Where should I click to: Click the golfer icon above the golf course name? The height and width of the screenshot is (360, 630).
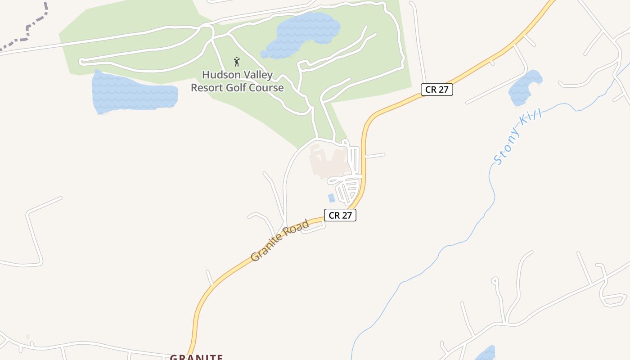click(x=237, y=61)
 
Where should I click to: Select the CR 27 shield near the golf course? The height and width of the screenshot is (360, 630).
click(x=436, y=89)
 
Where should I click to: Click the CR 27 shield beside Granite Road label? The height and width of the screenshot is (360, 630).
click(x=340, y=215)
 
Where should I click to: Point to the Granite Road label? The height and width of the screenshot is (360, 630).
click(x=280, y=240)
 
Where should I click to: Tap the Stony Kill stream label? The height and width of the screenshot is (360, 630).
click(x=517, y=136)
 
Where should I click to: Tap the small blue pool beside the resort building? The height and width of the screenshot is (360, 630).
click(x=332, y=198)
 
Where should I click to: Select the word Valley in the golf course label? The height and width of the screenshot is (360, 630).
click(x=256, y=75)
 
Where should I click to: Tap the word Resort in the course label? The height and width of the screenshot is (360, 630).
click(x=209, y=88)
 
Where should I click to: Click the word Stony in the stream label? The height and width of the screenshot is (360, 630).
click(x=506, y=148)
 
